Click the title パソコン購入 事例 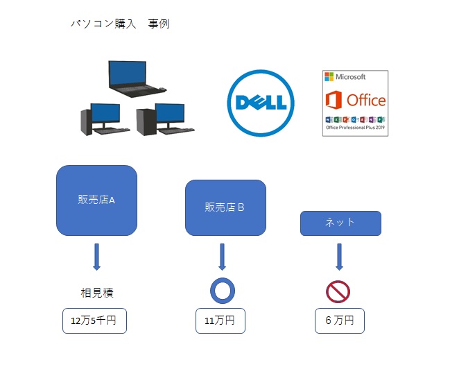click(120, 24)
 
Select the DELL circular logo click(261, 103)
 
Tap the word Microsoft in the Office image click(350, 77)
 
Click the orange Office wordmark click(366, 100)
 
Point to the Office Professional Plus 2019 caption click(355, 128)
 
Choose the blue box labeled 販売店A click(96, 200)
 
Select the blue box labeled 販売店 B click(225, 207)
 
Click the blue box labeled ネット click(340, 223)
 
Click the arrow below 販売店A click(96, 257)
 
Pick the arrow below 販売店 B click(222, 257)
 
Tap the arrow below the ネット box click(339, 257)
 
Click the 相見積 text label click(97, 293)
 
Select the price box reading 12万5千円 click(94, 320)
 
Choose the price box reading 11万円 click(220, 320)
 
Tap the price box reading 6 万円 click(340, 320)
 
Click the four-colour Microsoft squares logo click(329, 77)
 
